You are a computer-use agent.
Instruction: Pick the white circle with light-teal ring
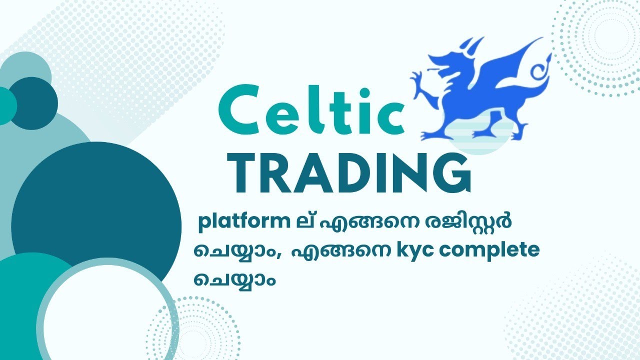(107, 312)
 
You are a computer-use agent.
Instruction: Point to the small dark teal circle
(32, 102)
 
